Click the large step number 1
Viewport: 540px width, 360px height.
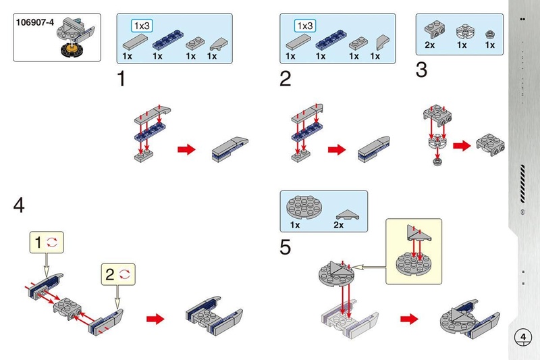(x=122, y=79)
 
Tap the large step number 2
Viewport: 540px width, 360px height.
(x=285, y=79)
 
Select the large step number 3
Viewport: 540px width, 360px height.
(x=421, y=70)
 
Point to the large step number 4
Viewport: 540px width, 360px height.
(x=19, y=205)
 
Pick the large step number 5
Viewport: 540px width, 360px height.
(x=286, y=248)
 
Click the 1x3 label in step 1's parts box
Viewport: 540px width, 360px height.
(x=142, y=26)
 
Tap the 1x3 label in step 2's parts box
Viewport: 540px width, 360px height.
(x=306, y=26)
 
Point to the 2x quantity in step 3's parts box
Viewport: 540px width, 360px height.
(x=430, y=45)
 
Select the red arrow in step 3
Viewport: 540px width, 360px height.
(x=462, y=145)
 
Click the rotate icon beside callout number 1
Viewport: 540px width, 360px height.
(x=51, y=241)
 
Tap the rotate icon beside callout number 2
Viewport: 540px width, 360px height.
(x=124, y=274)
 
